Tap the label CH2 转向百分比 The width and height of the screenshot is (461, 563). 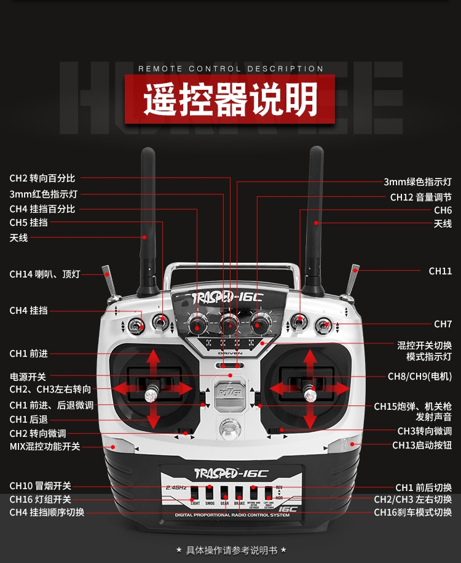(42, 178)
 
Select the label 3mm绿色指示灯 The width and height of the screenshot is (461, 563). (417, 182)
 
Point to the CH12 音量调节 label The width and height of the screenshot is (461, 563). (420, 198)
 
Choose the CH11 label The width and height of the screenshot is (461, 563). (440, 271)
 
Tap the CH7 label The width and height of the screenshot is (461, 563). (443, 324)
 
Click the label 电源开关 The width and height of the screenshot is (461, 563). (28, 376)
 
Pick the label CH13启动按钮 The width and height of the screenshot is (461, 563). (422, 445)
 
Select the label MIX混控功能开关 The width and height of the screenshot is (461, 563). (45, 447)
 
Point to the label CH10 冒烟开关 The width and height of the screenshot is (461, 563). (40, 487)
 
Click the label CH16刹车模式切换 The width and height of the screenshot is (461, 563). (412, 512)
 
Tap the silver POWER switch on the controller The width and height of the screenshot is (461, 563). (229, 391)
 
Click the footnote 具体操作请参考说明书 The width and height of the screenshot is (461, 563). (231, 549)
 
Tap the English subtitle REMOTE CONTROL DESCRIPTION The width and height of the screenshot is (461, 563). (230, 69)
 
